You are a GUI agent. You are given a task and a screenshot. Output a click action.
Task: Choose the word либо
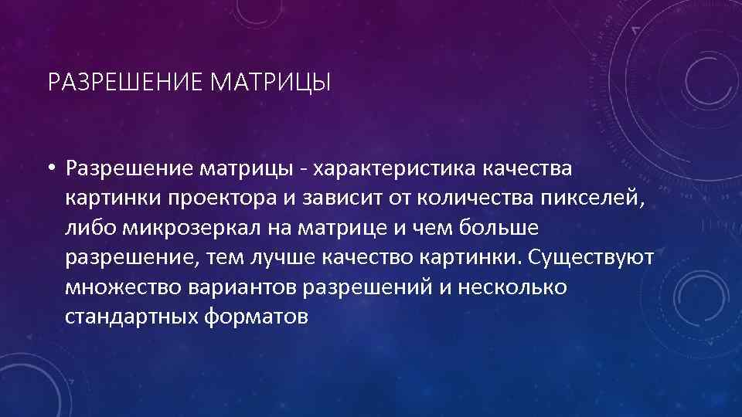pos(86,228)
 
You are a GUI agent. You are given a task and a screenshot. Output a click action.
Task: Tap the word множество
pos(124,286)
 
